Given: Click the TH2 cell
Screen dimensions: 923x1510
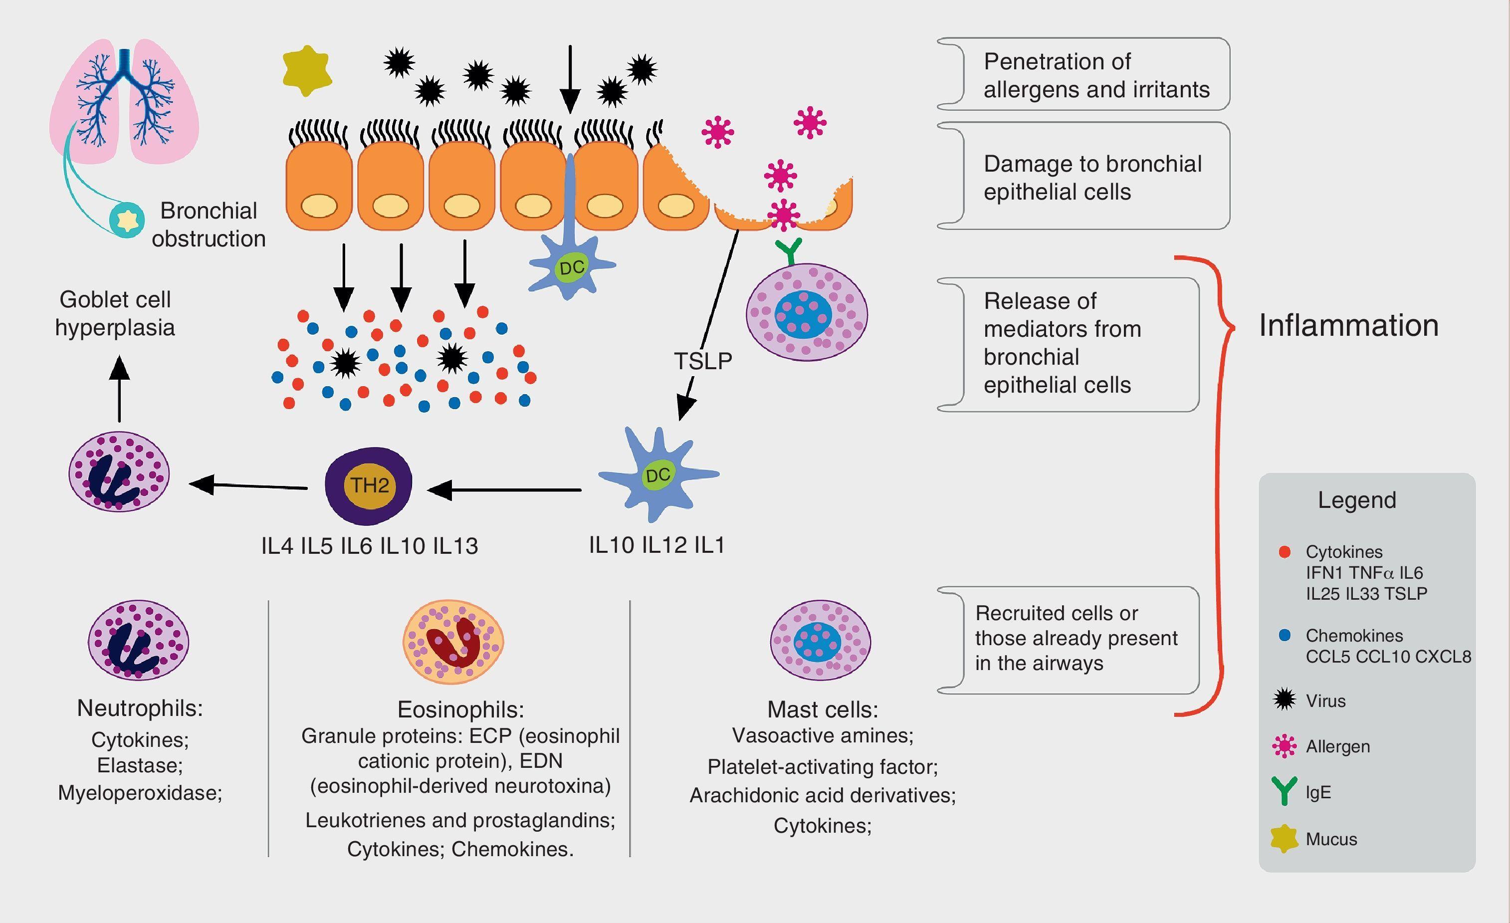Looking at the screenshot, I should (368, 486).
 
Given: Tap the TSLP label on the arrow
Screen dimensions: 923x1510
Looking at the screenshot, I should (703, 361).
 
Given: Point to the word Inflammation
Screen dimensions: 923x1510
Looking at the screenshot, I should (1348, 325).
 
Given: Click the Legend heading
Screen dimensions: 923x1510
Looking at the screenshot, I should (1357, 500).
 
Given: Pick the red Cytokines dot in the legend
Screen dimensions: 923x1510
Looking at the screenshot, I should (1285, 552).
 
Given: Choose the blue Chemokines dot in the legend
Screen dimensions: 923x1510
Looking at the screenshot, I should (1285, 635).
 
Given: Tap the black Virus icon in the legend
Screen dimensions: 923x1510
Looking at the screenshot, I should (1285, 700).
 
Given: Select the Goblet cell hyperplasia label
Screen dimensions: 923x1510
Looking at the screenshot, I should (115, 313).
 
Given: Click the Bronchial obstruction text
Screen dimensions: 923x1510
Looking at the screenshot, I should (209, 225).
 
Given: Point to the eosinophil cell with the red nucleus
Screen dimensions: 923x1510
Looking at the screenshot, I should (453, 642).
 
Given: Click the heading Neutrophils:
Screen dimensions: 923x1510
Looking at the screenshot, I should (140, 708).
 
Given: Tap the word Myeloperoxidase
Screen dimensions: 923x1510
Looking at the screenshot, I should (140, 792).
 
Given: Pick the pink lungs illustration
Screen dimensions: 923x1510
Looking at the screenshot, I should (124, 101).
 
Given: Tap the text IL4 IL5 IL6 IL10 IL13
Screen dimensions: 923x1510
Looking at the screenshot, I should (369, 545).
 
